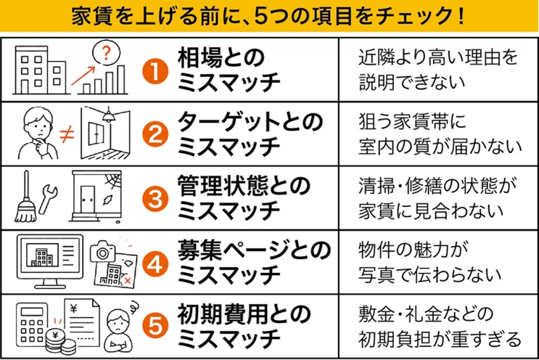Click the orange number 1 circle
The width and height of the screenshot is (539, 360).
155,71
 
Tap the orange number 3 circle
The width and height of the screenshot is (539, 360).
155,199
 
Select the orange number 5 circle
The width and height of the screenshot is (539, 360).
155,325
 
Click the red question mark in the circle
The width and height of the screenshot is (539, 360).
107,54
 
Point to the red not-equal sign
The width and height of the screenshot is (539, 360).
67,134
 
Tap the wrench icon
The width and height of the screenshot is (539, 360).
48,199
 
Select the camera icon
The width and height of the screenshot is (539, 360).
102,251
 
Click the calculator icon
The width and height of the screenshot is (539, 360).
30,325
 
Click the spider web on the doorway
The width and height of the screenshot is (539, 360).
113,180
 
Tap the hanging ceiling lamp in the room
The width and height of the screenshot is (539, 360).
109,115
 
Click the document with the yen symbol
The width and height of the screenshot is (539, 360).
83,322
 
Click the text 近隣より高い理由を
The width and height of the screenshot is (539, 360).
438,58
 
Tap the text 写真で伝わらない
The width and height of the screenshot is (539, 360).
429,274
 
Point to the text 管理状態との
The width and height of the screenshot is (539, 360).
244,186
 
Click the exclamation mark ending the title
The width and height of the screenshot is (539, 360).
461,16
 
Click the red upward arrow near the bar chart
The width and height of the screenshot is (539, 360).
83,75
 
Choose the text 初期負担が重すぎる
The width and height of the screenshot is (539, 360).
440,339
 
